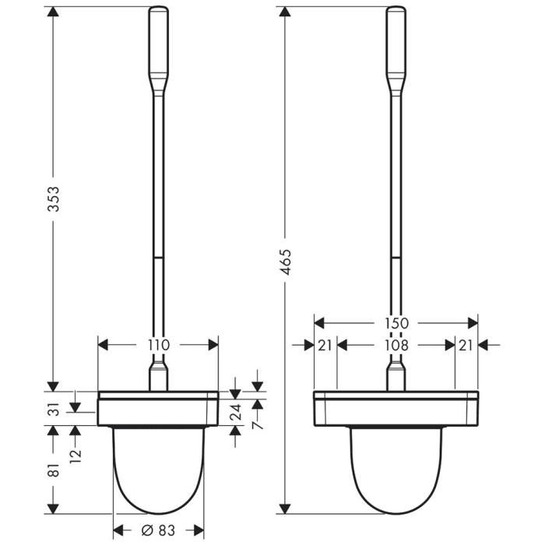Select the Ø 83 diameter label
click(158, 531)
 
